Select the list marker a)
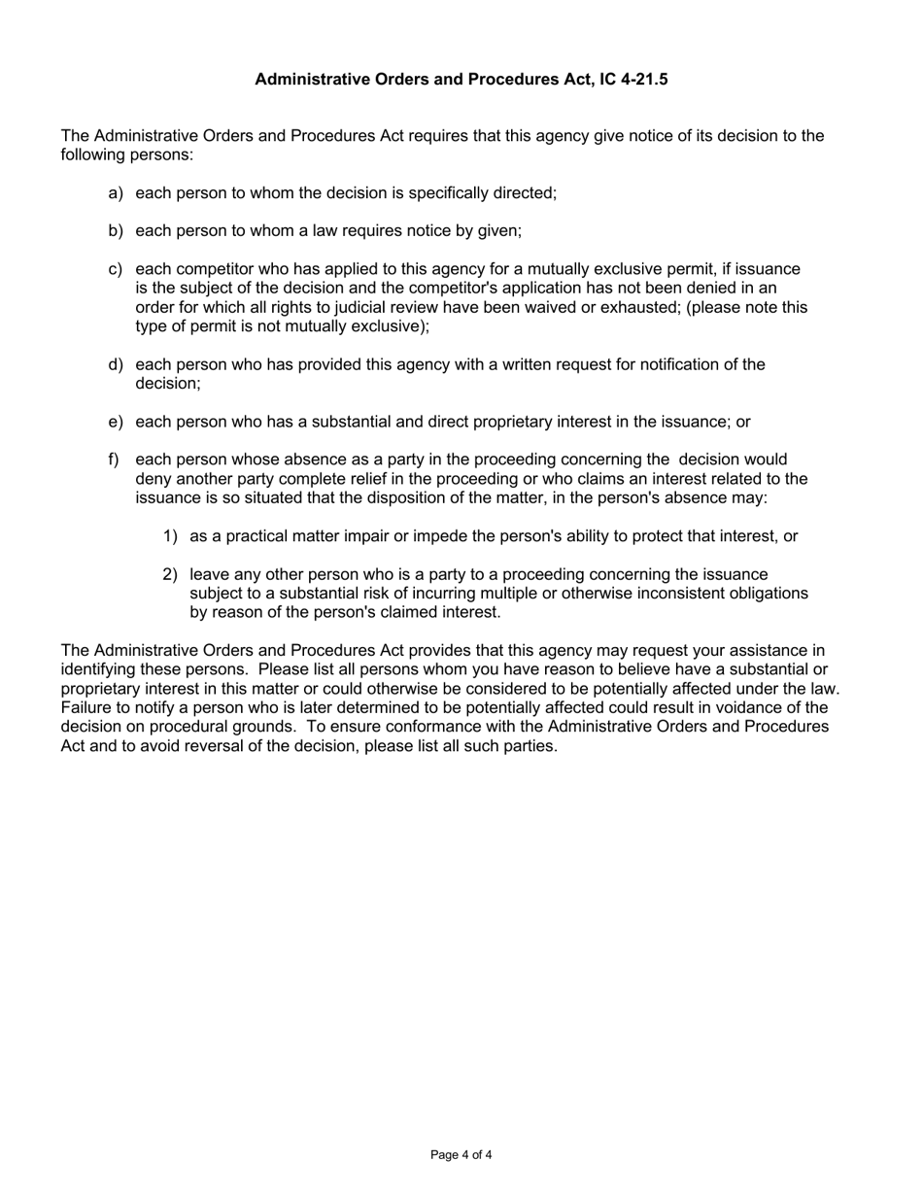click(x=116, y=193)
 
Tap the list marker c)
click(x=116, y=269)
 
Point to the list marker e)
click(x=116, y=422)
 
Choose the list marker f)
click(x=114, y=460)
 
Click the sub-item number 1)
click(x=170, y=536)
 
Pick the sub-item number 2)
click(x=170, y=574)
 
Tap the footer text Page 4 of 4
click(x=461, y=1155)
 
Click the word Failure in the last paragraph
click(x=87, y=708)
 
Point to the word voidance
click(x=755, y=708)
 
